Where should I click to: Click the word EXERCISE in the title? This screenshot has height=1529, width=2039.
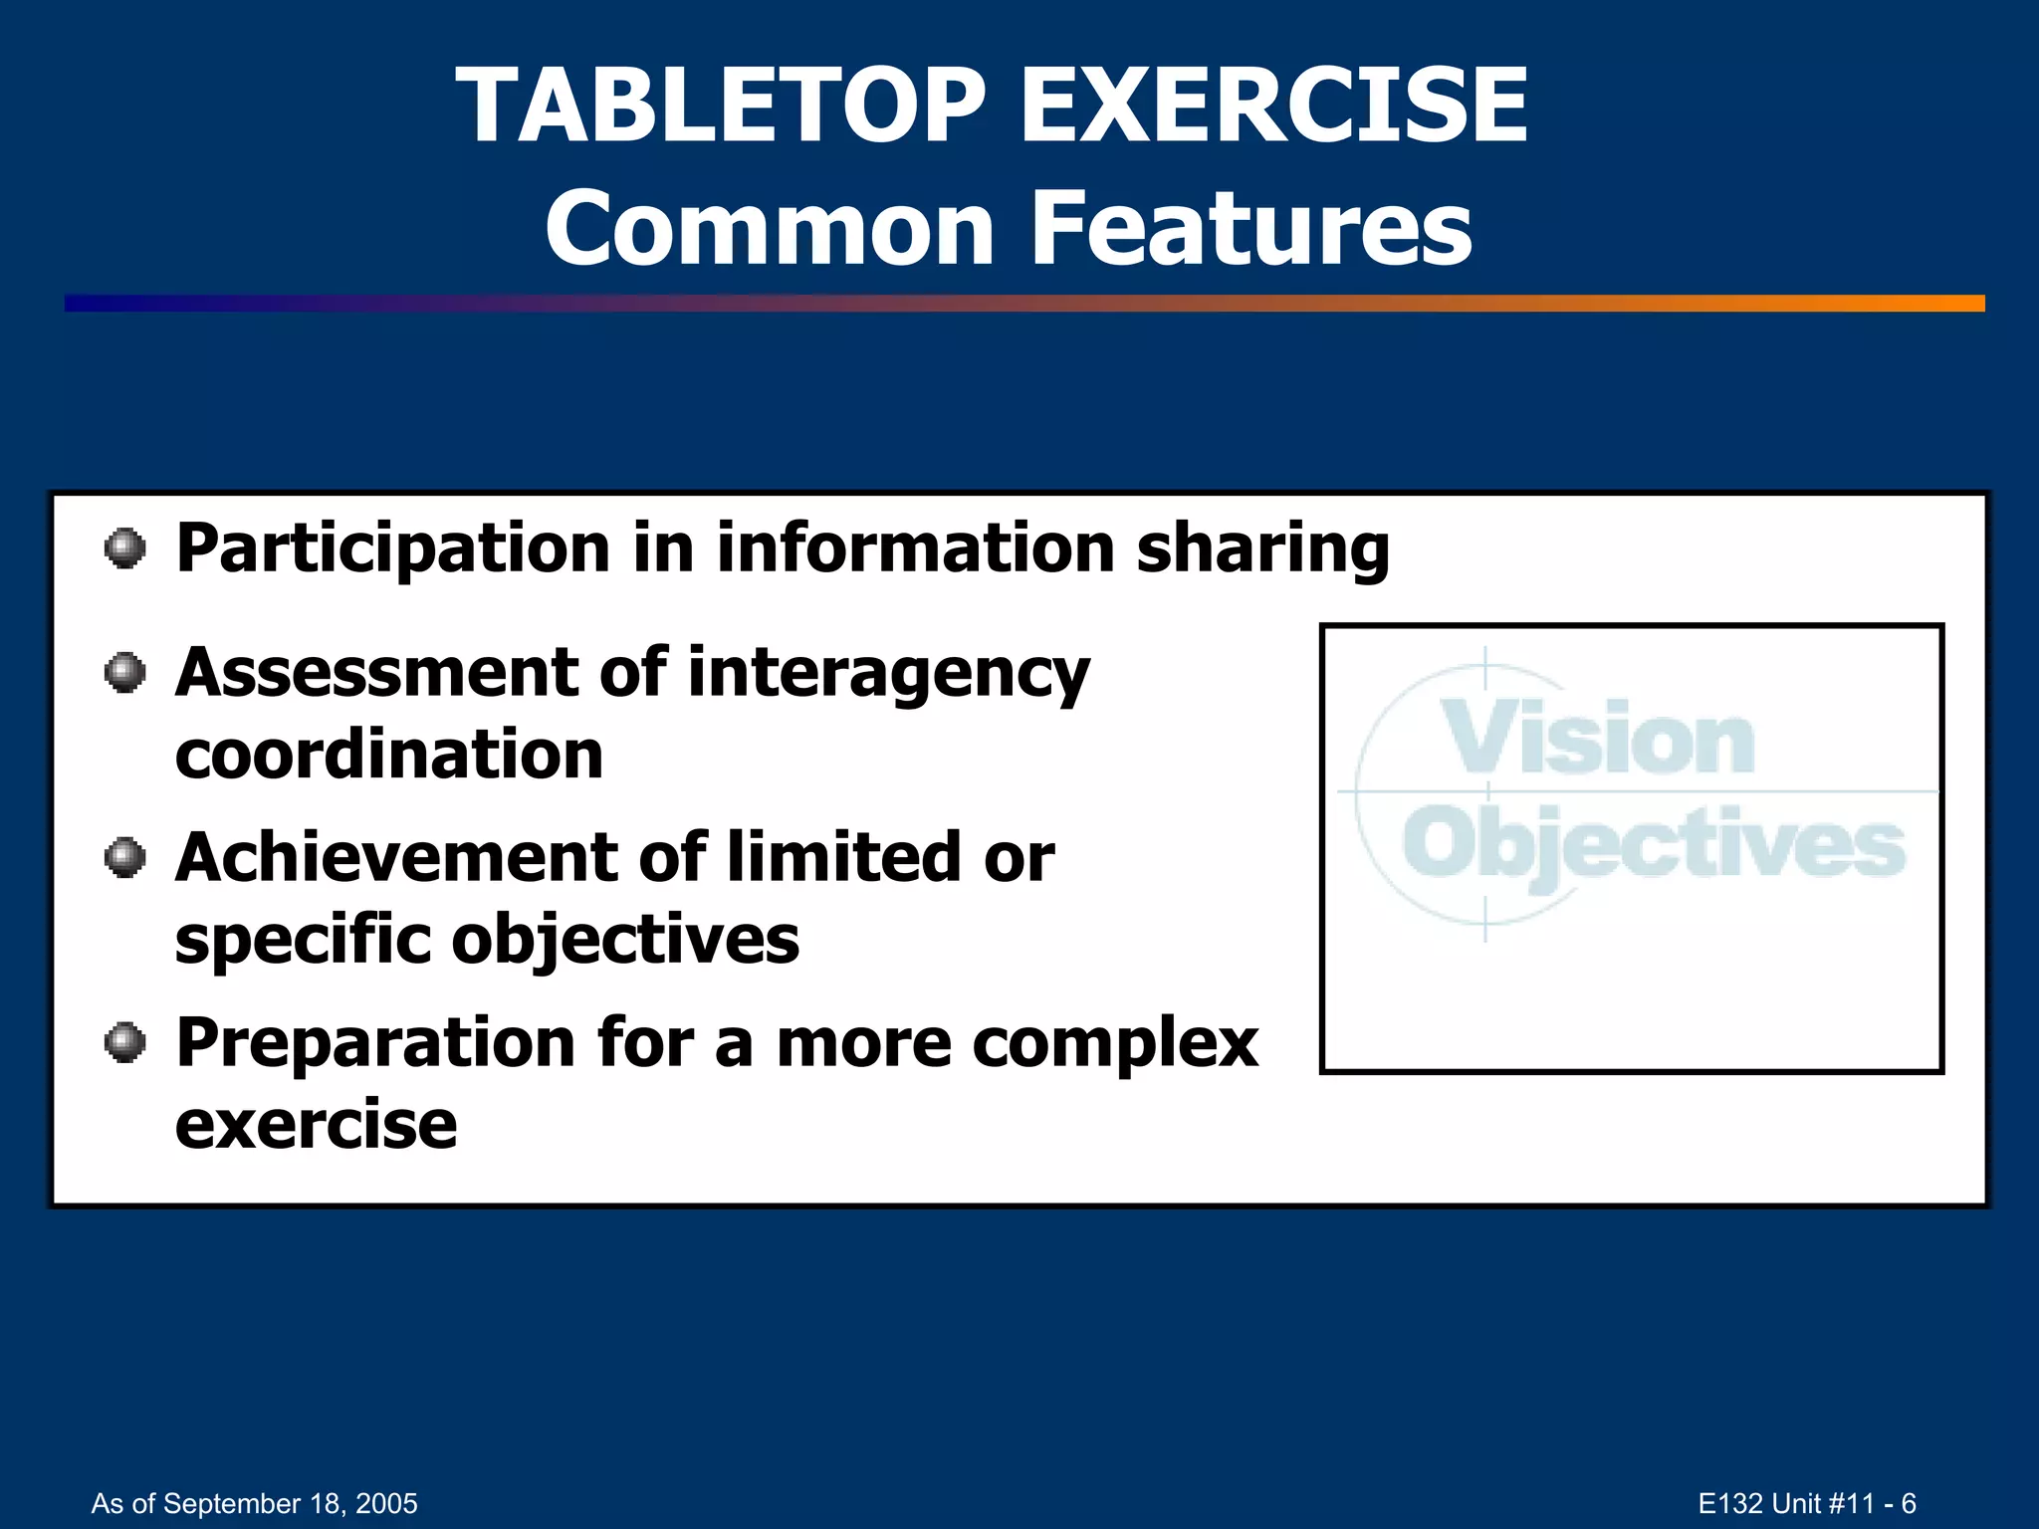(x=1273, y=106)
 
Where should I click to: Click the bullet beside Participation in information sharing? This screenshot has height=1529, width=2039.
(x=125, y=548)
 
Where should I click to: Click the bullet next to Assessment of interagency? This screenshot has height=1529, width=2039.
(x=125, y=673)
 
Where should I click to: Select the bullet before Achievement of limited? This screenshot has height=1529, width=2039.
(x=125, y=857)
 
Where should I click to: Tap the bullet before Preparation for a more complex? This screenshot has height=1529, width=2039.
(x=125, y=1042)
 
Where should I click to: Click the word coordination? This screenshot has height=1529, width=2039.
(x=389, y=755)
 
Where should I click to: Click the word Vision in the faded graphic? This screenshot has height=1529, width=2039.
(x=1599, y=739)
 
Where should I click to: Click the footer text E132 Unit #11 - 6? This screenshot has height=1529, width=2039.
(x=1806, y=1503)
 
